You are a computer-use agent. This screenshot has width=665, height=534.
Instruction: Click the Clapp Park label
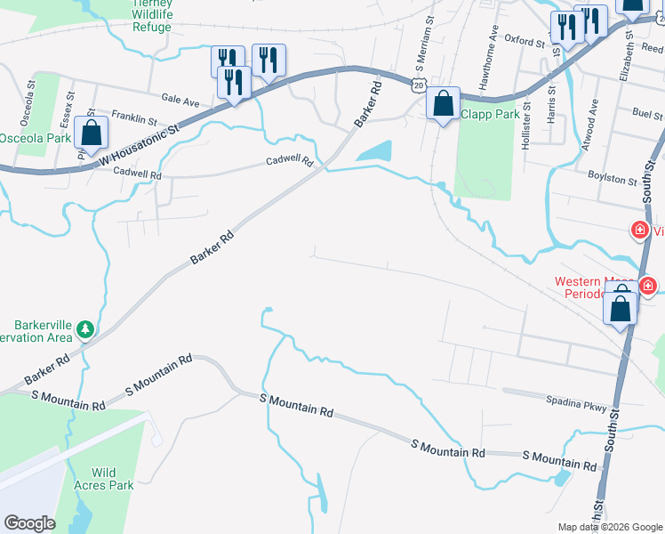489,114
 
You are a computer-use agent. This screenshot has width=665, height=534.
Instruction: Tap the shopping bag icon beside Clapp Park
443,105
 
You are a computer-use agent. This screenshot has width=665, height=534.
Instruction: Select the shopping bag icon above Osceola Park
91,133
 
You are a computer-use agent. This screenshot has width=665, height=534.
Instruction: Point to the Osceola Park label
35,139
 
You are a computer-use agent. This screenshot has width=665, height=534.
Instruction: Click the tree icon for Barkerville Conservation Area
85,330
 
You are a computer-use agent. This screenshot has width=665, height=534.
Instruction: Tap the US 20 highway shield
418,85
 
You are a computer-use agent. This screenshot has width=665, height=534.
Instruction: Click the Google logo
29,523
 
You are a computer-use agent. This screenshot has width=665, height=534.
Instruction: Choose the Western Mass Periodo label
591,287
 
